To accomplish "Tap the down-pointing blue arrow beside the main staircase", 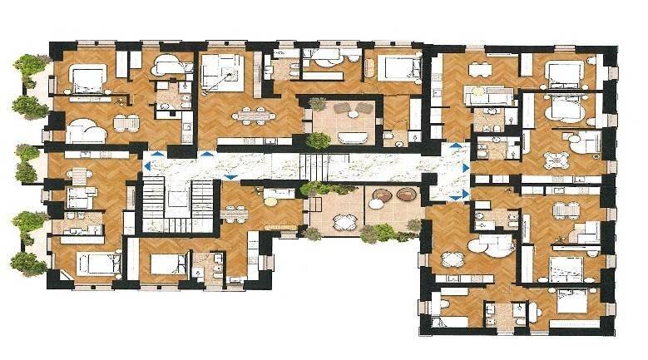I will [x=230, y=176].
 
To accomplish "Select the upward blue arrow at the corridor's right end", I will [x=455, y=146].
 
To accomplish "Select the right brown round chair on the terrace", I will [x=405, y=195].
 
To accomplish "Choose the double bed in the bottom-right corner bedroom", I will [x=571, y=301].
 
